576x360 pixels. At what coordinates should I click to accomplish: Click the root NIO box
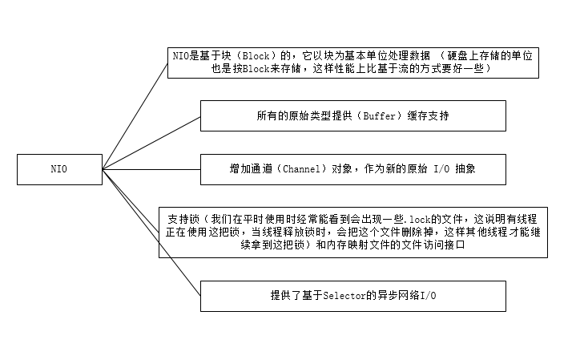point(59,168)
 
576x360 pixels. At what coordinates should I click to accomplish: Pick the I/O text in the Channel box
point(445,168)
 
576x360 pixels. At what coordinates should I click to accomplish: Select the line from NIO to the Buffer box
point(151,142)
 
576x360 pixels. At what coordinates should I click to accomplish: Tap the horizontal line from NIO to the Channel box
point(151,168)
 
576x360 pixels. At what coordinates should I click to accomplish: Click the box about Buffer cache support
point(352,115)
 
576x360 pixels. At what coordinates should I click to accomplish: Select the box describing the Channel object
point(352,168)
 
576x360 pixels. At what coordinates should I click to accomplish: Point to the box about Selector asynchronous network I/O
point(352,295)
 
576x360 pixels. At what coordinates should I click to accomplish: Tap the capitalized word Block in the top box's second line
point(240,69)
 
